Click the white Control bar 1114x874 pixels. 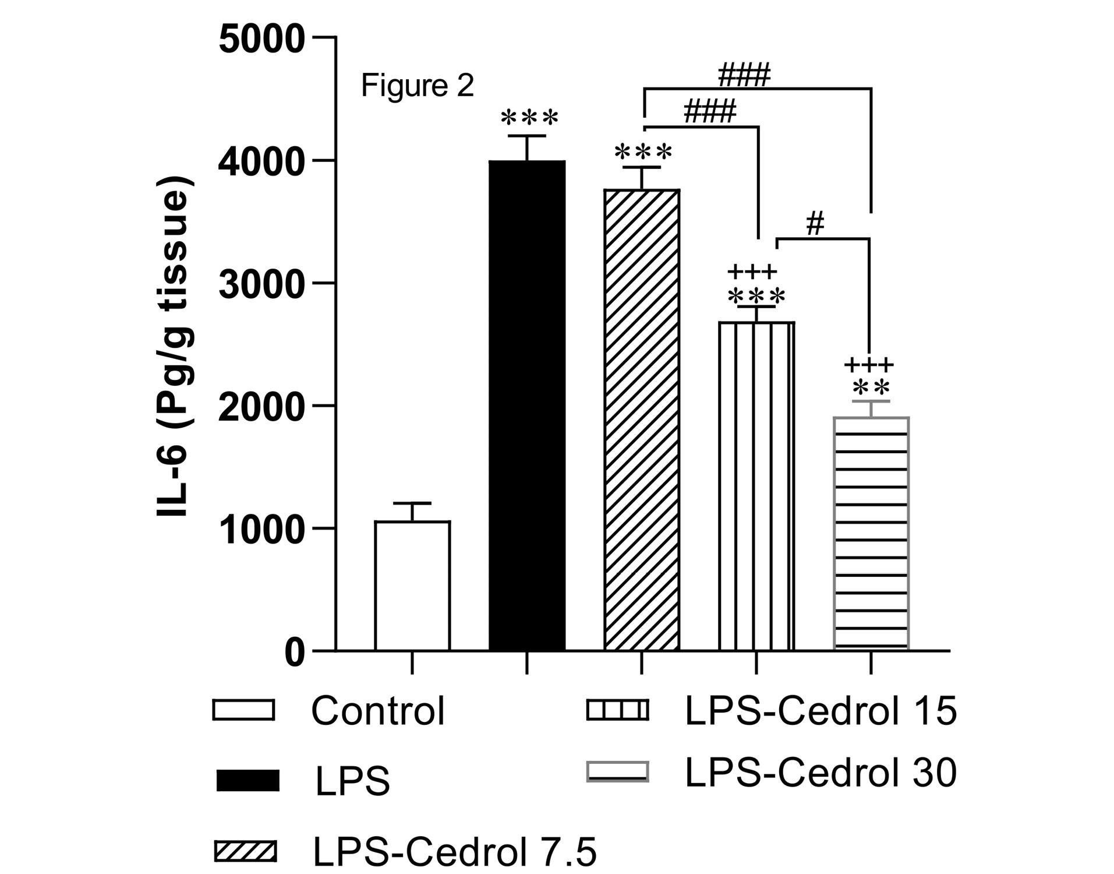(412, 585)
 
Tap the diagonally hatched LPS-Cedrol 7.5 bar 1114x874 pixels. (642, 420)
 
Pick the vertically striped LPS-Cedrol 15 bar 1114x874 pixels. (756, 486)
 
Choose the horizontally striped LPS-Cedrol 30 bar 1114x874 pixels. (871, 533)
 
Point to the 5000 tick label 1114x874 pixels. (261, 40)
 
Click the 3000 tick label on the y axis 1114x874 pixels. (261, 285)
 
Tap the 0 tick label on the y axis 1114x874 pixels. (294, 653)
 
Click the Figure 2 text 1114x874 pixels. (418, 86)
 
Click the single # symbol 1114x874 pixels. (815, 224)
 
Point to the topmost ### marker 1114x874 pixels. (744, 75)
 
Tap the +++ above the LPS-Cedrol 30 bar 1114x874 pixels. (868, 365)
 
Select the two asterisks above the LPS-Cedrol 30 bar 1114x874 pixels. (871, 387)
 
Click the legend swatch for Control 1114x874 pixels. (243, 710)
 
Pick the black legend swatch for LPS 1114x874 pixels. (247, 781)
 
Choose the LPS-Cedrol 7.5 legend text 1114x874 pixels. (455, 852)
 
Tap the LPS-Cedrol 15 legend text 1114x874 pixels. (821, 711)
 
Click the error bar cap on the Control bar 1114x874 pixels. (412, 503)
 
